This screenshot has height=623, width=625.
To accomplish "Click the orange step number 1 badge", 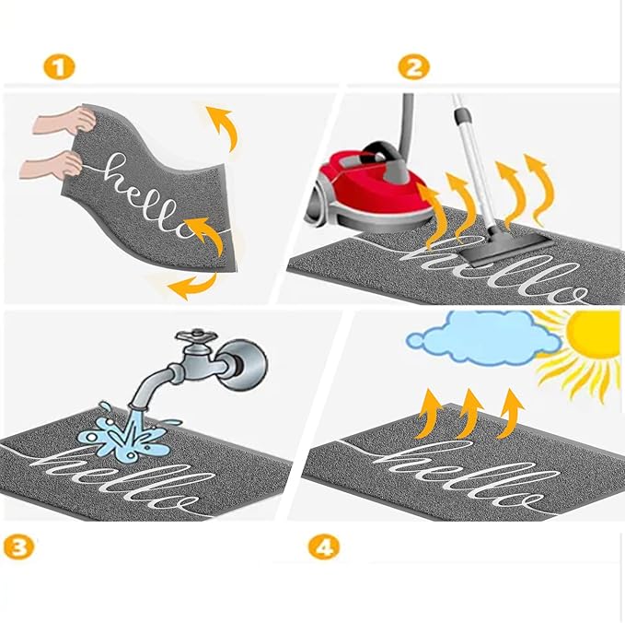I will pyautogui.click(x=59, y=66).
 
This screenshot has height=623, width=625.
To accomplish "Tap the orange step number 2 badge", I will pyautogui.click(x=413, y=66).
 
